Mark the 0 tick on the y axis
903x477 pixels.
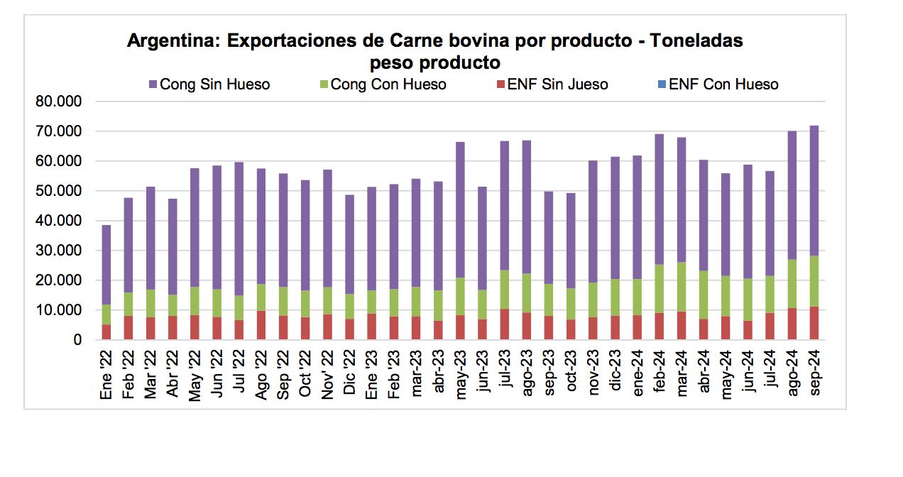[x=78, y=341]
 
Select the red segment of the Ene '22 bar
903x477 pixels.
[x=106, y=332]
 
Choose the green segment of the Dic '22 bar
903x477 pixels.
[x=350, y=306]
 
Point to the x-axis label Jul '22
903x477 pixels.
[x=239, y=375]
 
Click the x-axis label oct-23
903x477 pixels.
[x=570, y=375]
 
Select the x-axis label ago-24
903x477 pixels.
[x=792, y=375]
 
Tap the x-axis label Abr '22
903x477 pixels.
[x=173, y=375]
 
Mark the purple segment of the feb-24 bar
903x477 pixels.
[x=660, y=199]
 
